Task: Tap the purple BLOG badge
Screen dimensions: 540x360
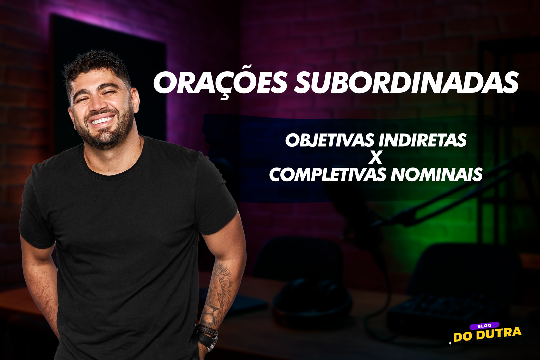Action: [485, 326]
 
